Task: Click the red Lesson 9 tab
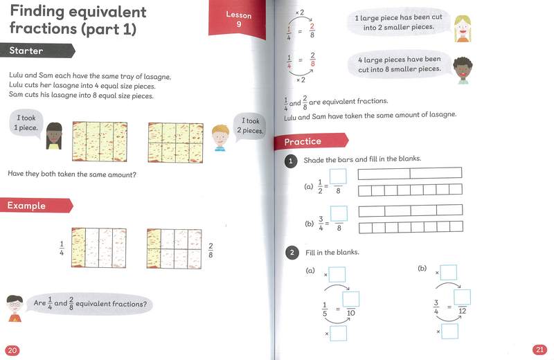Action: pyautogui.click(x=238, y=19)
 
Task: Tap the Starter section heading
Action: pyautogui.click(x=28, y=51)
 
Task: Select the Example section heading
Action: pyautogui.click(x=28, y=206)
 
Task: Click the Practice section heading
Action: pyautogui.click(x=303, y=141)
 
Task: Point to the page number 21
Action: pyautogui.click(x=540, y=349)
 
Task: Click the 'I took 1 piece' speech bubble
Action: pyautogui.click(x=26, y=123)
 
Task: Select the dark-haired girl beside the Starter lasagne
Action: pyautogui.click(x=54, y=135)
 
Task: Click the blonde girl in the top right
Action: pyautogui.click(x=462, y=28)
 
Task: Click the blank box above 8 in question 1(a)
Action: pyautogui.click(x=338, y=177)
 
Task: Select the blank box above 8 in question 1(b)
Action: pyautogui.click(x=339, y=213)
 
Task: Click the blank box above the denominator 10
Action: pyautogui.click(x=350, y=299)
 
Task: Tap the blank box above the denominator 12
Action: pyautogui.click(x=462, y=297)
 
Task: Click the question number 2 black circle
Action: pyautogui.click(x=293, y=253)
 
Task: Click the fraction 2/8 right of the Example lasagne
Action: pyautogui.click(x=211, y=250)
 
